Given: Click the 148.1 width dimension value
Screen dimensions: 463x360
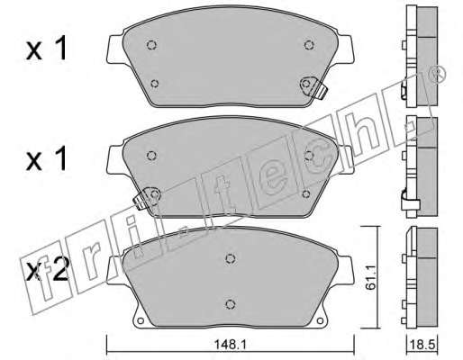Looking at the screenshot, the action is tap(230, 345).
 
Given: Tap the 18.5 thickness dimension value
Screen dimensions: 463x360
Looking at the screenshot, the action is tap(422, 345).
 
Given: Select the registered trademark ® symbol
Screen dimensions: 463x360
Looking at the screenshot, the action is tap(438, 74).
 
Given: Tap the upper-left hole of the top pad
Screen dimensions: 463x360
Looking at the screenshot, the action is tap(152, 45).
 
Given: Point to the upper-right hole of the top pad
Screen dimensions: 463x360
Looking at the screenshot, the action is tap(309, 45).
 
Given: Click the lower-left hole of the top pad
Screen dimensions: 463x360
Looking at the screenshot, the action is tap(155, 84).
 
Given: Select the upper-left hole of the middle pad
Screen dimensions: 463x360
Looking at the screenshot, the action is tap(152, 156).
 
